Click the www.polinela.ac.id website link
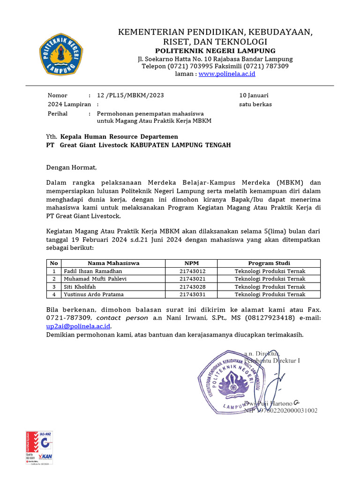coord(227,74)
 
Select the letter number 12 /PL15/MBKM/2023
coord(130,95)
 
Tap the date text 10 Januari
coord(254,95)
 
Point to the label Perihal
coord(58,113)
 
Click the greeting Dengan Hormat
coord(71,167)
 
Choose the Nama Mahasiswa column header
coord(113,263)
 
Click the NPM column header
coord(192,263)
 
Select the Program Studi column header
coord(269,263)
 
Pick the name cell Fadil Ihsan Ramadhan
coord(93,271)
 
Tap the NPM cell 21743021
coord(192,279)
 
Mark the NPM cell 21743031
coord(192,294)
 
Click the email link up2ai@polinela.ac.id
coord(78,326)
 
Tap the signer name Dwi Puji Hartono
coord(269,403)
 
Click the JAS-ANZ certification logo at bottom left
coord(39,447)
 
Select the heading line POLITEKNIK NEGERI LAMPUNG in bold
coord(215,51)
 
